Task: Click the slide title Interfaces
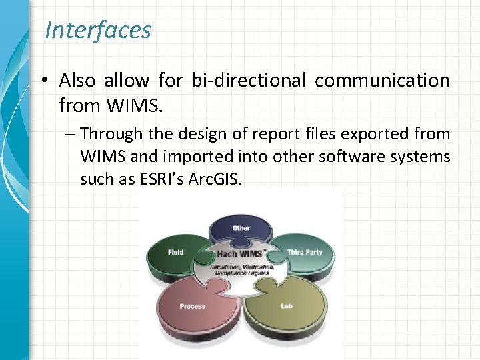[x=98, y=30]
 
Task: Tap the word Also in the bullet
[x=77, y=81]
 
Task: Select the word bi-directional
[x=249, y=81]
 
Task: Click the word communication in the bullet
[x=382, y=81]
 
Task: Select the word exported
[x=375, y=134]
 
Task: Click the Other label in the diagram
[x=241, y=228]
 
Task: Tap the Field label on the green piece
[x=176, y=252]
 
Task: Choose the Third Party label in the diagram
[x=305, y=252]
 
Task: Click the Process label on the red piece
[x=192, y=306]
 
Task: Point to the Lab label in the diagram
[x=287, y=306]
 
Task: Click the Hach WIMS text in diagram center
[x=236, y=255]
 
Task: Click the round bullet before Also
[x=42, y=81]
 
